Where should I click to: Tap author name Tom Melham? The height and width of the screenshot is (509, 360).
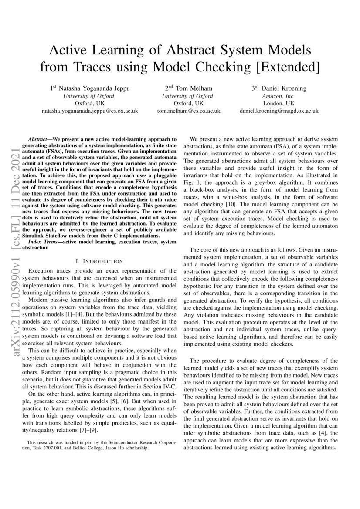[x=188, y=88]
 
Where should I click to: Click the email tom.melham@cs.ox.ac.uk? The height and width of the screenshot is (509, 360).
[x=188, y=111]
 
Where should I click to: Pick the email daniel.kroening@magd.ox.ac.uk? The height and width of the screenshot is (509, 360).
[x=279, y=111]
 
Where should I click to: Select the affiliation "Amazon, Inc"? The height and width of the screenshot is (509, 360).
[x=279, y=96]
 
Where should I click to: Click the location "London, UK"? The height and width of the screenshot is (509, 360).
[x=279, y=103]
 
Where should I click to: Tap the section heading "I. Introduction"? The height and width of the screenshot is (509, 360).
[x=98, y=261]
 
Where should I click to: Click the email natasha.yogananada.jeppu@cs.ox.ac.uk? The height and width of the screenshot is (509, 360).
[x=89, y=111]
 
